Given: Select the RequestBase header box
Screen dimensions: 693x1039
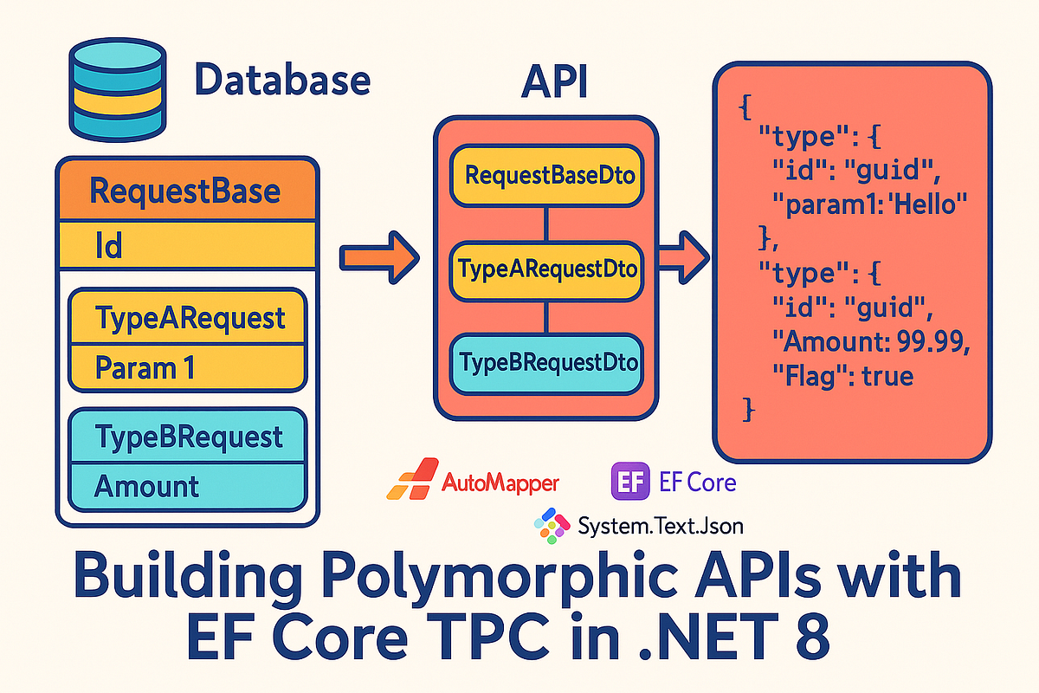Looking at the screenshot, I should (x=186, y=190).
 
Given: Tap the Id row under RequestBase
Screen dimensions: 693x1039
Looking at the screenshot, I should (x=186, y=246).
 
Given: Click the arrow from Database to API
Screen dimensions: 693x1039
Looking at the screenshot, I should (x=378, y=256).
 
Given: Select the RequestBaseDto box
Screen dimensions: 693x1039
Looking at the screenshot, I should (x=546, y=176).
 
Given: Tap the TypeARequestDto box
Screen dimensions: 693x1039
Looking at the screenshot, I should (x=546, y=269).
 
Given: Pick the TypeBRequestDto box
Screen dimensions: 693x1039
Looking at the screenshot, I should (x=546, y=361).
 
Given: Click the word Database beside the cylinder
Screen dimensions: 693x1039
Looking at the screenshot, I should (x=282, y=81).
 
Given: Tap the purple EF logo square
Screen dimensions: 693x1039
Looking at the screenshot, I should (x=630, y=481).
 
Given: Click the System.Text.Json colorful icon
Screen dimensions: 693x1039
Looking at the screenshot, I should (x=552, y=525).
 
